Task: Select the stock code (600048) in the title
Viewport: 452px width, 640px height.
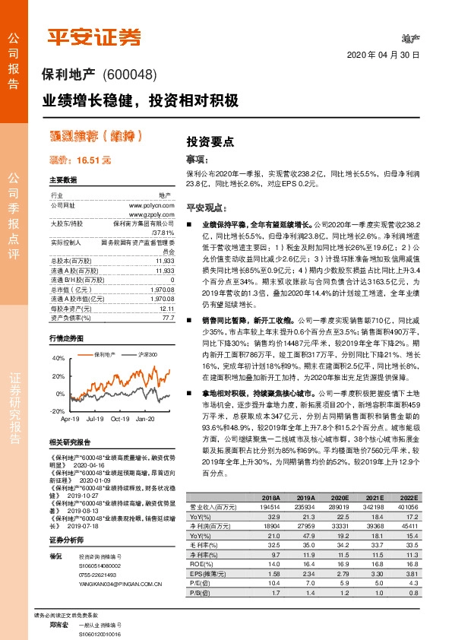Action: (x=128, y=74)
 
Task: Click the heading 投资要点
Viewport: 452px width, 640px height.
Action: (x=210, y=141)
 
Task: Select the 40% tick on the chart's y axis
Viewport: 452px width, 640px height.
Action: (x=58, y=357)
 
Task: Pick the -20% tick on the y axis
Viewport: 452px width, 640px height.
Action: (x=57, y=410)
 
